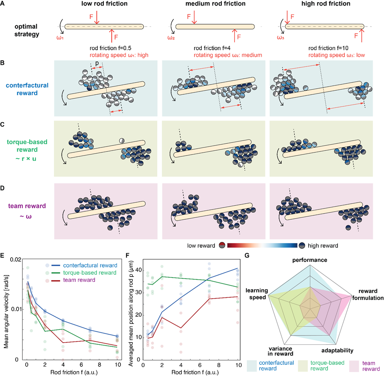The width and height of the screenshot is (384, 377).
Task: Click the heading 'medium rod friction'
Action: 215,4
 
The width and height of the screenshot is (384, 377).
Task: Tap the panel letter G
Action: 247,256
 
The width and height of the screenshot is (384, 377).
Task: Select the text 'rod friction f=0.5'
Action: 110,48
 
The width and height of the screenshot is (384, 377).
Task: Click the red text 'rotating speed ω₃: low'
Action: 337,55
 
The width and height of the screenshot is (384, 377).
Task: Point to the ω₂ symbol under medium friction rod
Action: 171,38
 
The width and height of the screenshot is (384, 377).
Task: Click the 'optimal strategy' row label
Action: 27,30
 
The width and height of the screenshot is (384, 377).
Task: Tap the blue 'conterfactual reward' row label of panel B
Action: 27,89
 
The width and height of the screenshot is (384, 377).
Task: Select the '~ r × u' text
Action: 26,158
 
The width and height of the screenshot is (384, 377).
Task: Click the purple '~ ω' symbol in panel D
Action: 25,216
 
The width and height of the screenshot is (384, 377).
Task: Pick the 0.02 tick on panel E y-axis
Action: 16,259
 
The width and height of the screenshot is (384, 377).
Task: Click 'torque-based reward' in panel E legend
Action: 89,273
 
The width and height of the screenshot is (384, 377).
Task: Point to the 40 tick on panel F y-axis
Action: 138,270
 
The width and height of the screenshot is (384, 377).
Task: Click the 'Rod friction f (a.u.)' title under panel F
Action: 195,373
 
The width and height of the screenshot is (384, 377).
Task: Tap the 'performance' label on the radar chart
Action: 310,260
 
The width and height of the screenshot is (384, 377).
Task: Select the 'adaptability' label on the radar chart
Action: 337,350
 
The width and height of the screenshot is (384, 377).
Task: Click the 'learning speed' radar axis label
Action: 257,294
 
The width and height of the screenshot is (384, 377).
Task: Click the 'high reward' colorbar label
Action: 323,245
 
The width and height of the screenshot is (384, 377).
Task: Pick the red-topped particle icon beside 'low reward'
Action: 222,245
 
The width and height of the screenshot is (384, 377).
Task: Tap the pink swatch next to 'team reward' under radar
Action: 354,366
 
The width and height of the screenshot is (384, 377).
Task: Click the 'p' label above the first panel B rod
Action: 97,63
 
